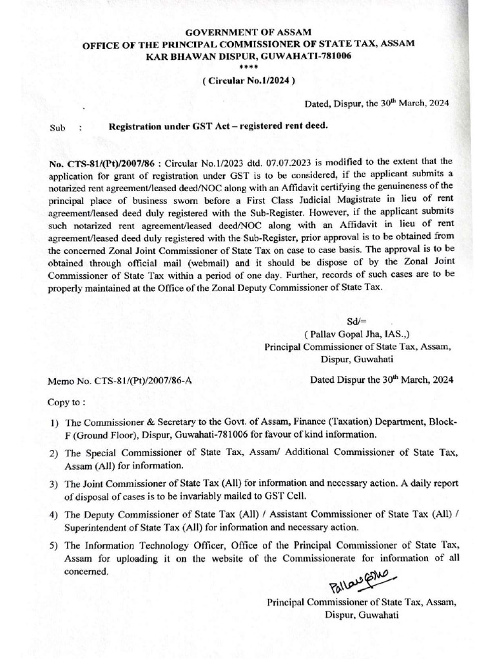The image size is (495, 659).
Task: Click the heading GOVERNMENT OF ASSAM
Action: (247, 32)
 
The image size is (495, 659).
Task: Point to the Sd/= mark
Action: (356, 319)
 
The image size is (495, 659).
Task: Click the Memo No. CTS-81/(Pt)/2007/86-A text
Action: (121, 380)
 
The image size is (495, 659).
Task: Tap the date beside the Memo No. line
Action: (381, 379)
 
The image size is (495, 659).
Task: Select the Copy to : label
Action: (66, 402)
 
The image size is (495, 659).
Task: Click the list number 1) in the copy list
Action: (54, 423)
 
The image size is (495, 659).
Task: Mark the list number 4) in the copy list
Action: (54, 516)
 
